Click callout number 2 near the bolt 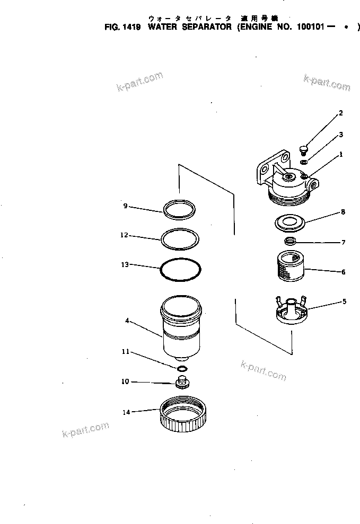(x=341, y=113)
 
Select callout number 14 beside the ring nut (x=126, y=411)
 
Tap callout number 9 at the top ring (x=125, y=206)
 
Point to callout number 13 (x=125, y=264)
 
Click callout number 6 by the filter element (x=344, y=272)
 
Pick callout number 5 (x=344, y=301)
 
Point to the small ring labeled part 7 (x=290, y=242)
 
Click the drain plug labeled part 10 (x=183, y=382)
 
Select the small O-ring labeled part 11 (x=182, y=368)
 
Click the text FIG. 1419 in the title (x=122, y=26)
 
